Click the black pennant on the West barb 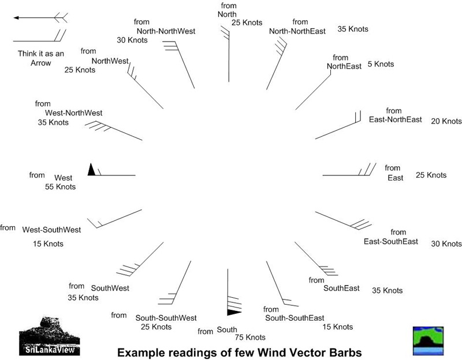pos(91,170)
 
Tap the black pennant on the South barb pos(234,312)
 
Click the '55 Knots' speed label pos(61,187)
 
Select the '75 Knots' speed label pos(250,337)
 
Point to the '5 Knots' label pos(381,64)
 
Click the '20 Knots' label pos(446,121)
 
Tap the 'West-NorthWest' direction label pos(74,113)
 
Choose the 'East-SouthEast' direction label pos(391,242)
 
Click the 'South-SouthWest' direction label pos(166,318)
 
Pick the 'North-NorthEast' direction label pos(297,31)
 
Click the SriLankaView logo pos(50,336)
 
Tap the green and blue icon pos(428,341)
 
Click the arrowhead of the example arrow pos(16,18)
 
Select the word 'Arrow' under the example pos(40,63)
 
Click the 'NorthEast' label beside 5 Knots pos(344,66)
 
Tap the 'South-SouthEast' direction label pos(295,318)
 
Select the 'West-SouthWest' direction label pos(51,230)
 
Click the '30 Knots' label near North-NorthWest pos(132,40)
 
